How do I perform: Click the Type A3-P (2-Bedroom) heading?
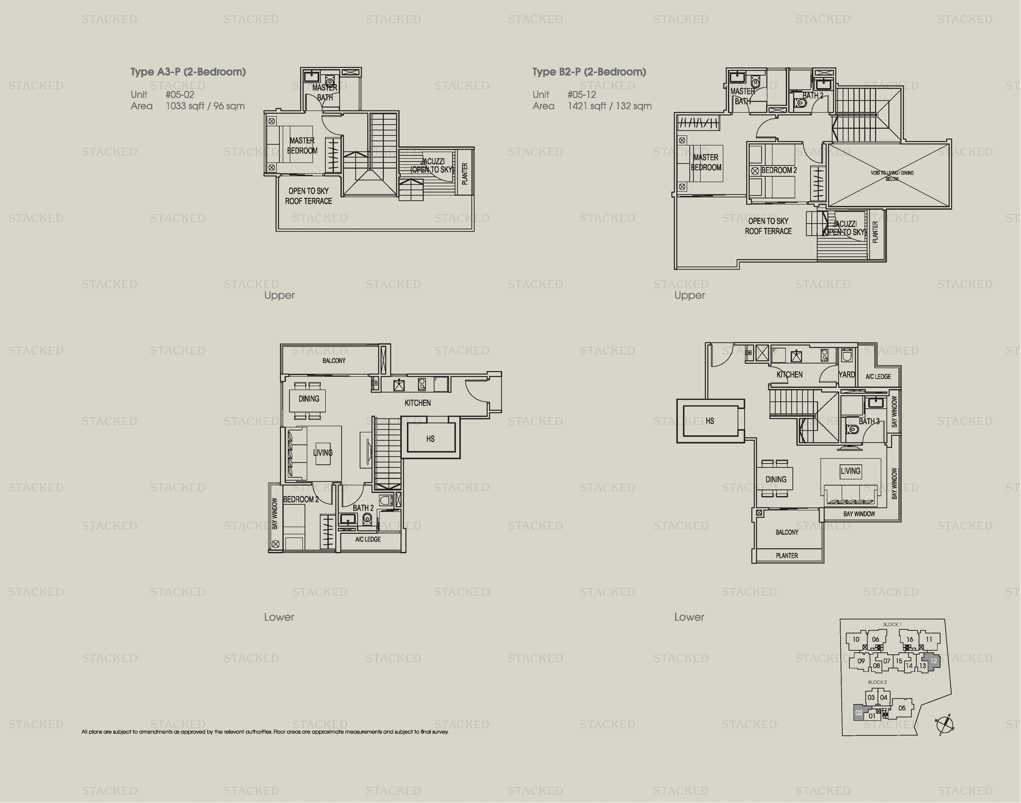click(x=188, y=72)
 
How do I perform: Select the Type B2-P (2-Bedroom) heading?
click(x=589, y=72)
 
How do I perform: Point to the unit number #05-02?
click(x=180, y=94)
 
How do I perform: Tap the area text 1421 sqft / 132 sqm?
click(x=609, y=106)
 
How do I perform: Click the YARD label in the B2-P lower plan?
click(x=847, y=375)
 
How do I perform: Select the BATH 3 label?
click(x=869, y=421)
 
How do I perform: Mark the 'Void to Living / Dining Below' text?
click(x=892, y=175)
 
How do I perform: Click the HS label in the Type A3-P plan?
click(x=430, y=439)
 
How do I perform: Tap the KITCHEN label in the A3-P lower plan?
click(x=418, y=403)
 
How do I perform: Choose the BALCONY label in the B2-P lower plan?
click(x=787, y=532)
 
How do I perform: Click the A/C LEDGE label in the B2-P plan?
click(x=878, y=377)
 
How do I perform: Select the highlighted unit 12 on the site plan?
click(x=933, y=661)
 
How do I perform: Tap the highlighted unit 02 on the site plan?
click(x=859, y=713)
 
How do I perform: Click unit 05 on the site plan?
click(x=902, y=708)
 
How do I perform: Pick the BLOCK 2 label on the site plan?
click(x=877, y=682)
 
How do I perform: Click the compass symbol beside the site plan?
click(x=944, y=724)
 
